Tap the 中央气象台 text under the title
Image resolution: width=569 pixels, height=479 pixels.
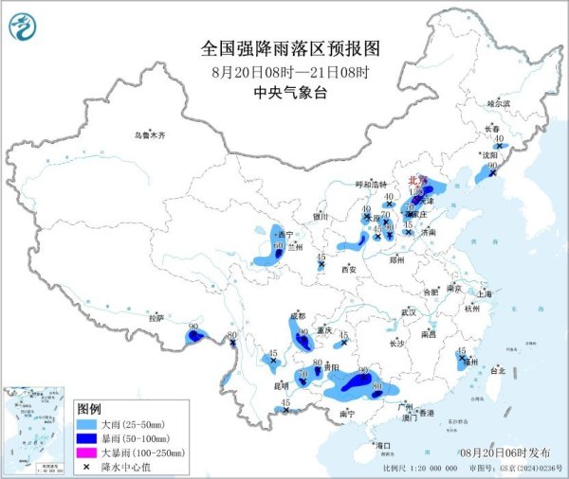[x=285, y=93]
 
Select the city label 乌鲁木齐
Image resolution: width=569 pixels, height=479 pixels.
[x=149, y=135]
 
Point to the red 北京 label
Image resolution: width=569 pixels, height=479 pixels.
[x=417, y=178]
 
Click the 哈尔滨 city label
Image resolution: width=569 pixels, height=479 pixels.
[x=498, y=102]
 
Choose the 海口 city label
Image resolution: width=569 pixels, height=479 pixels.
[x=383, y=444]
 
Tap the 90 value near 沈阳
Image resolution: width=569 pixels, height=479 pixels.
[x=492, y=166]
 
